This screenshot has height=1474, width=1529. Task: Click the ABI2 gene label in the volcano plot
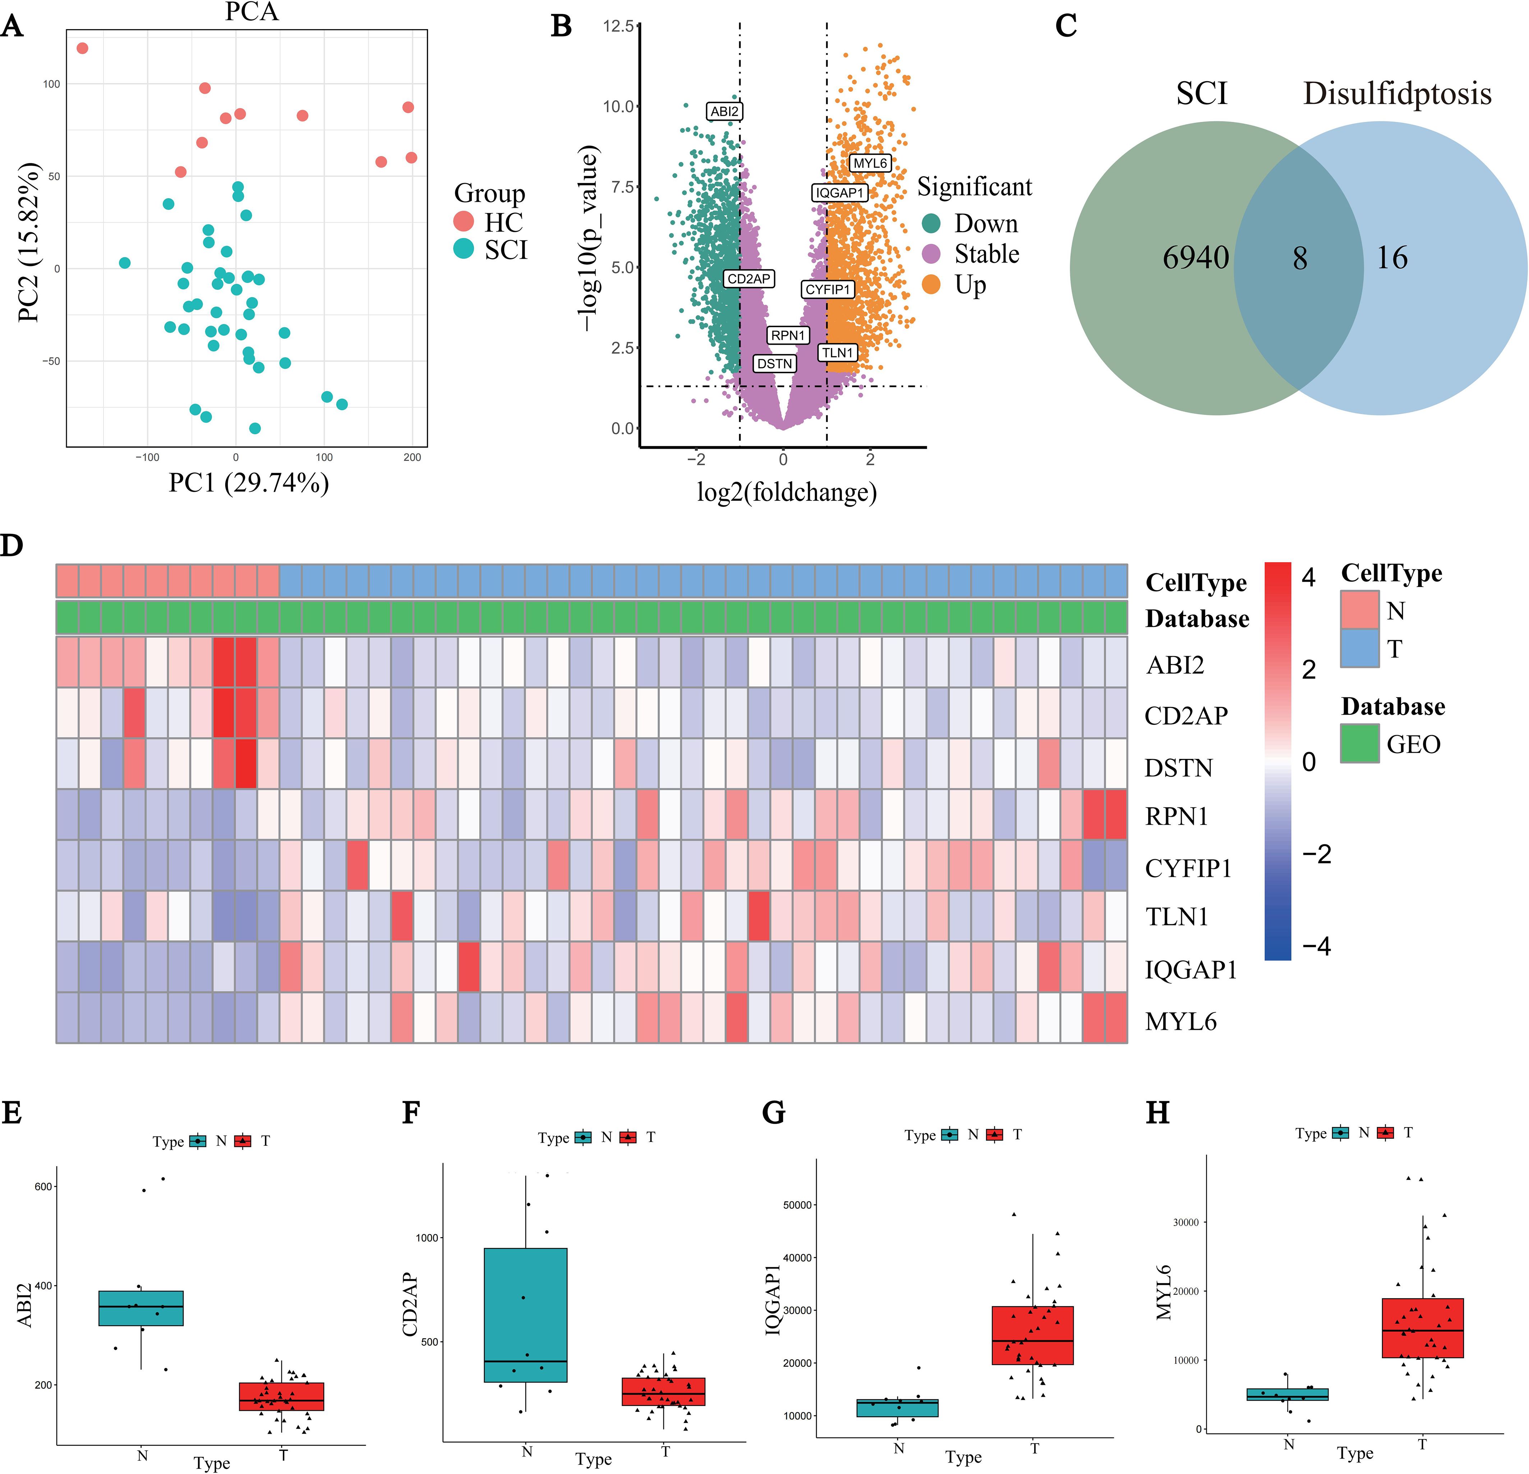coord(724,111)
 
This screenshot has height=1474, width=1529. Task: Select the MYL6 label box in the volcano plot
coord(870,163)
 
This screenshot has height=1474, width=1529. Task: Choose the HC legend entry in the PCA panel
coord(503,223)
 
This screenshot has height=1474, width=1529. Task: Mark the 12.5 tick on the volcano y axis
coord(618,27)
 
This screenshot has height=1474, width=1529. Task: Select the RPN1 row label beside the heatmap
coord(1176,816)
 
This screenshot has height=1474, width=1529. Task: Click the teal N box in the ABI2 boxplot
coord(141,1308)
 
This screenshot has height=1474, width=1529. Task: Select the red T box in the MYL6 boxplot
coord(1422,1328)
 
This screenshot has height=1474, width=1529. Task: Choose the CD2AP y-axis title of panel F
coord(410,1305)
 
